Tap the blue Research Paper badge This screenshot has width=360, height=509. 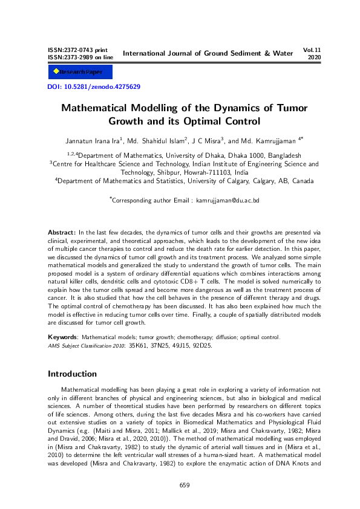(76, 72)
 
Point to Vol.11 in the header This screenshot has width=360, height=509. (311, 50)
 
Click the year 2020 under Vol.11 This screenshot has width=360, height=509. (314, 57)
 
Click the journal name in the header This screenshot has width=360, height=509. (208, 53)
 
